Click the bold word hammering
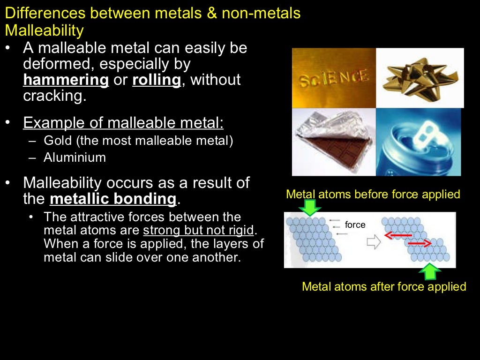[x=66, y=80]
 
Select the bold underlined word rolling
[x=157, y=80]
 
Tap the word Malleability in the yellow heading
[x=44, y=30]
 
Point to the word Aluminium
[x=75, y=157]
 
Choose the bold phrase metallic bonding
[x=113, y=199]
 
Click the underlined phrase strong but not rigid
[x=198, y=231]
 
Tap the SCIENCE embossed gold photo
[x=334, y=78]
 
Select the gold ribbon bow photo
[x=420, y=78]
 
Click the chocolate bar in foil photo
[x=334, y=142]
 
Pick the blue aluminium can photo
[x=419, y=142]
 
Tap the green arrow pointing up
[x=430, y=271]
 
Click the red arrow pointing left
[x=398, y=235]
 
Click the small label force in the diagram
[x=355, y=225]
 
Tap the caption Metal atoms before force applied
[x=373, y=194]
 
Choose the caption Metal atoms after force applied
[x=384, y=286]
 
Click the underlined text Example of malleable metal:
[x=123, y=123]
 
